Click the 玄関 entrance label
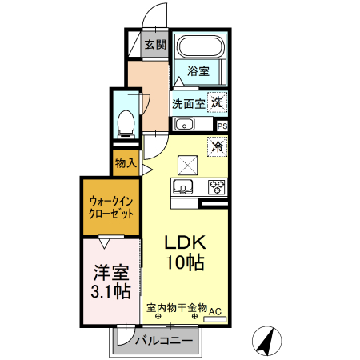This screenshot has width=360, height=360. click(154, 45)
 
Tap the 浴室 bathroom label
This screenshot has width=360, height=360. click(198, 72)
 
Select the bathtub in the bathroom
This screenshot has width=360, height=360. click(200, 51)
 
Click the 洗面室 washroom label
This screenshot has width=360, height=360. click(189, 103)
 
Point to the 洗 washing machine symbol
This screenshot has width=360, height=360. click(217, 102)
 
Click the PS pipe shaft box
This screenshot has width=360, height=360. click(222, 126)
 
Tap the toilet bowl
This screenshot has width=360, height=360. click(126, 122)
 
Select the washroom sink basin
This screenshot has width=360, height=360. click(184, 124)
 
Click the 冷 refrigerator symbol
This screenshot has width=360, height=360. click(217, 146)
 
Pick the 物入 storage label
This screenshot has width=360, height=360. click(126, 162)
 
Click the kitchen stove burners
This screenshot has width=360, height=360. click(217, 187)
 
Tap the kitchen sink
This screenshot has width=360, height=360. click(182, 188)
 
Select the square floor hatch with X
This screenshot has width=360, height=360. click(187, 163)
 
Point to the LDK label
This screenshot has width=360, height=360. click(186, 242)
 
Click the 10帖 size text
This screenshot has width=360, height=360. click(186, 262)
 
